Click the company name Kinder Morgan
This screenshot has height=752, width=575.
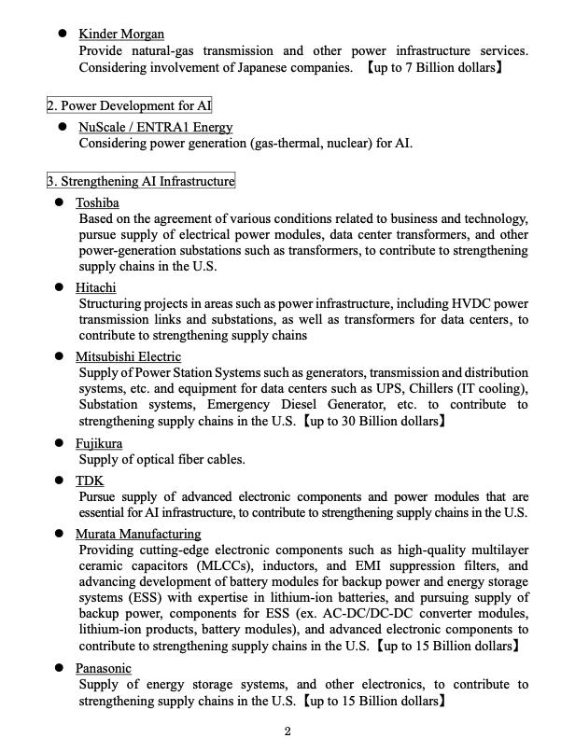121,35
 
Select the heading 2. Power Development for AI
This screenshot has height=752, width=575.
130,105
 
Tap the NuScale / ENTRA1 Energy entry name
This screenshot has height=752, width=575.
155,127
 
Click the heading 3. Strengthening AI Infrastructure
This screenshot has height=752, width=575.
141,181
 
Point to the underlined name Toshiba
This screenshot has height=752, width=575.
97,202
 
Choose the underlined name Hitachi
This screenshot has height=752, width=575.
96,288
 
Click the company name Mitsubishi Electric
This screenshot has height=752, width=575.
128,356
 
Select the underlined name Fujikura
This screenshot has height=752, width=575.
99,443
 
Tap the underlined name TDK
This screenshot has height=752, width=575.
90,480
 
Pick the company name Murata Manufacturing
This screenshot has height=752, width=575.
138,534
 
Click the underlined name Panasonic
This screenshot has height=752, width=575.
104,668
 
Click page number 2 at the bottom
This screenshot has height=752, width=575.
287,731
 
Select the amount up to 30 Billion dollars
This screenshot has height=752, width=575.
374,421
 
